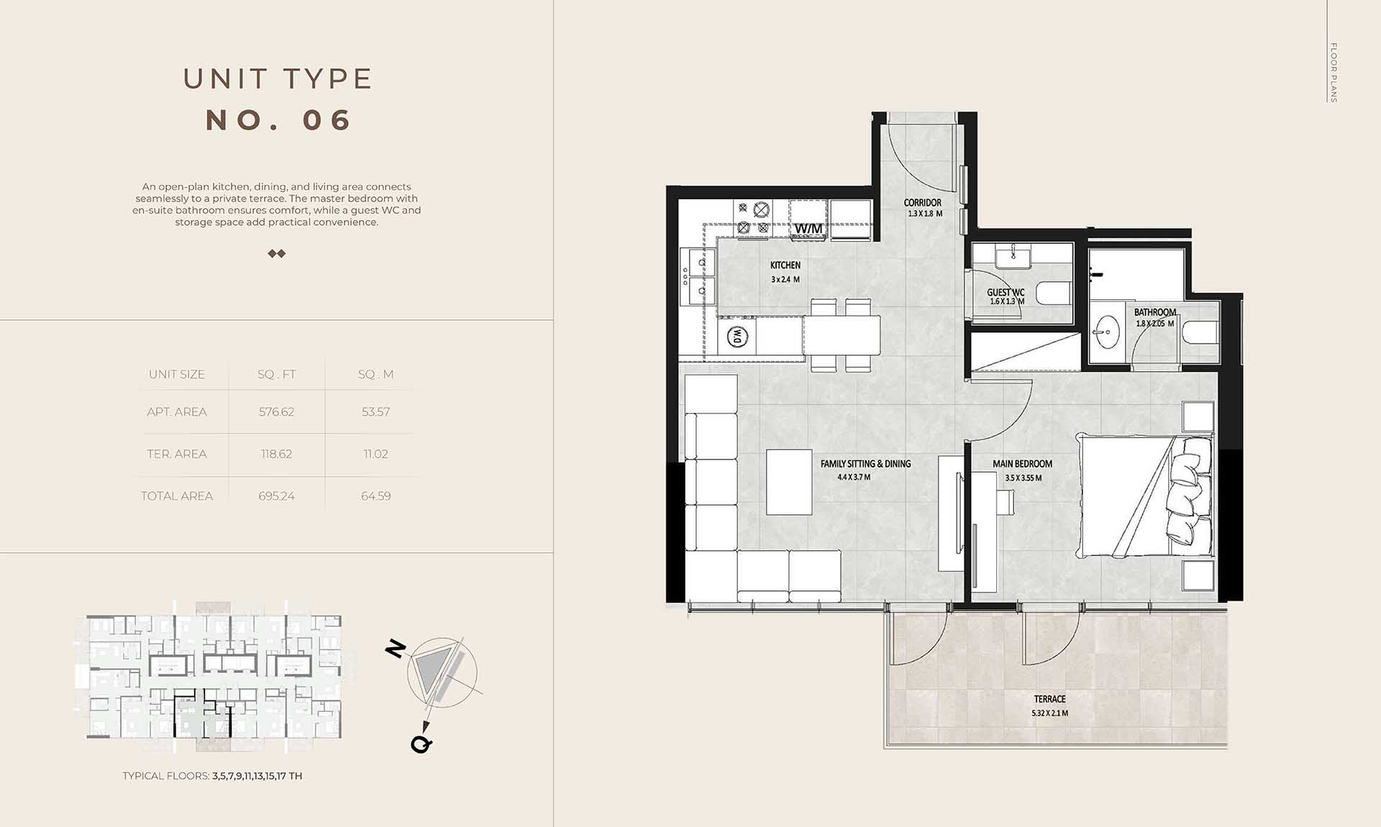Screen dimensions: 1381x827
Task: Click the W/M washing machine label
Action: click(x=808, y=229)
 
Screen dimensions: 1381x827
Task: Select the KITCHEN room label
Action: click(x=785, y=265)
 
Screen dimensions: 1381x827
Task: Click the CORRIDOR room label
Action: click(x=923, y=203)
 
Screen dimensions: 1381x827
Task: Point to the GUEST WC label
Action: click(x=1006, y=292)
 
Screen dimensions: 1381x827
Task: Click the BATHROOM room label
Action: click(x=1155, y=312)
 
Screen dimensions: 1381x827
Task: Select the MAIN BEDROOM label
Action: click(x=1022, y=464)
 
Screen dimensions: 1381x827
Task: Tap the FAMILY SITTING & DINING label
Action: click(x=865, y=464)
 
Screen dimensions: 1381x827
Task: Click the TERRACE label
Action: click(x=1050, y=699)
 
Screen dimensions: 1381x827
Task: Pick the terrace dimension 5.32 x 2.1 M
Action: click(x=1050, y=713)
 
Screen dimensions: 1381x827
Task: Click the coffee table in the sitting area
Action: click(x=789, y=482)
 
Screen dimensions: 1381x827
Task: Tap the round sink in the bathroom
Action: click(x=1108, y=332)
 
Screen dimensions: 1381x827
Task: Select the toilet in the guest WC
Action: click(x=1054, y=293)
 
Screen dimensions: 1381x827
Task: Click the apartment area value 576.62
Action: click(x=276, y=412)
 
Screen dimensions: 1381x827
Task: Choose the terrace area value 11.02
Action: click(x=375, y=454)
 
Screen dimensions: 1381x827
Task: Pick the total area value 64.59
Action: click(x=375, y=496)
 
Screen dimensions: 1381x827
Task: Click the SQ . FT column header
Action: click(x=276, y=375)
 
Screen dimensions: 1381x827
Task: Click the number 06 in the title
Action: click(x=327, y=120)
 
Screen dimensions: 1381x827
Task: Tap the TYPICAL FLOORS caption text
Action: click(x=212, y=776)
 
